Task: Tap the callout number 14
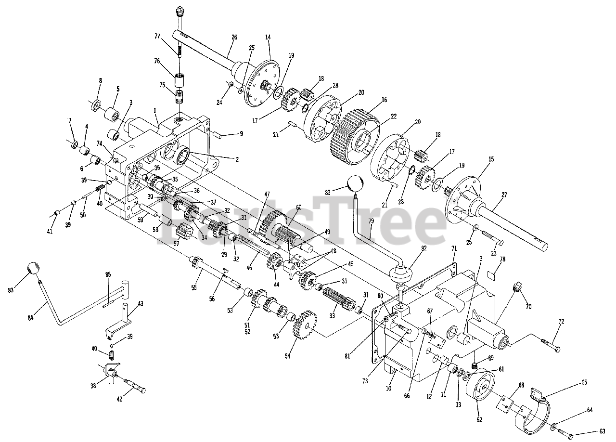pyautogui.click(x=268, y=37)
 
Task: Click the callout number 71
pyautogui.click(x=453, y=248)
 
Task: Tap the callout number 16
pyautogui.click(x=384, y=100)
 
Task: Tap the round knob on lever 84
pyautogui.click(x=32, y=269)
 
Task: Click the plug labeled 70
pyautogui.click(x=517, y=288)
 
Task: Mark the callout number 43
pyautogui.click(x=141, y=303)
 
